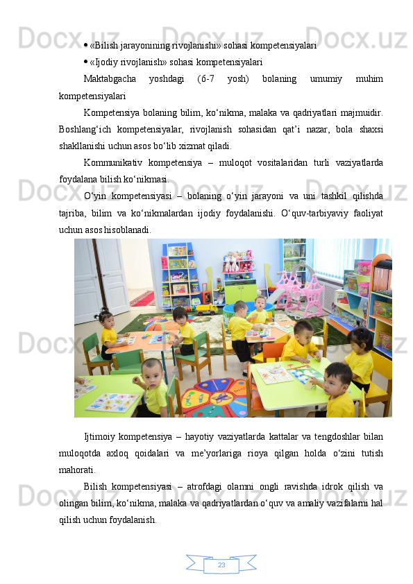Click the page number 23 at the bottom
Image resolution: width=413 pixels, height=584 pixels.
point(221,565)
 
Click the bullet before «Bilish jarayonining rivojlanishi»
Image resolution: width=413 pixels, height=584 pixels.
point(85,46)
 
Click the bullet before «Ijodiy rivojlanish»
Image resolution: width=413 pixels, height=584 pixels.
point(85,62)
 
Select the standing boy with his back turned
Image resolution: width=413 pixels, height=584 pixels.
point(242,333)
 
